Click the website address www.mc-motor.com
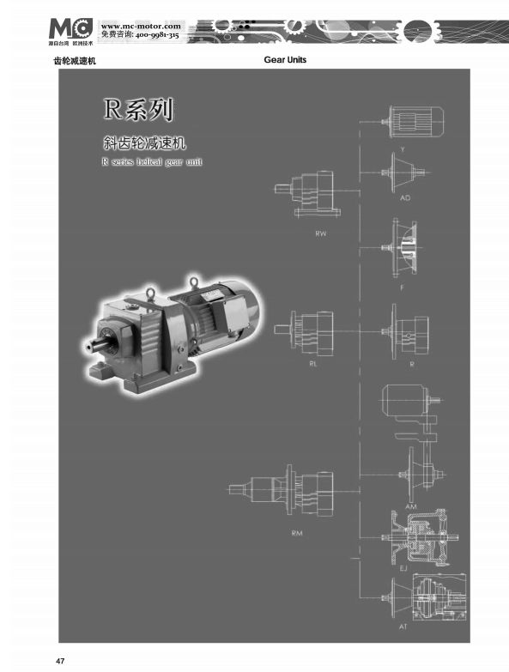point(141,26)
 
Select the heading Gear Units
point(287,60)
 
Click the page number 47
point(60,660)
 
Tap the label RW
point(321,233)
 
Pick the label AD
point(405,197)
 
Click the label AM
point(410,506)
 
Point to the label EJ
point(403,567)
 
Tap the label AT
point(403,627)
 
